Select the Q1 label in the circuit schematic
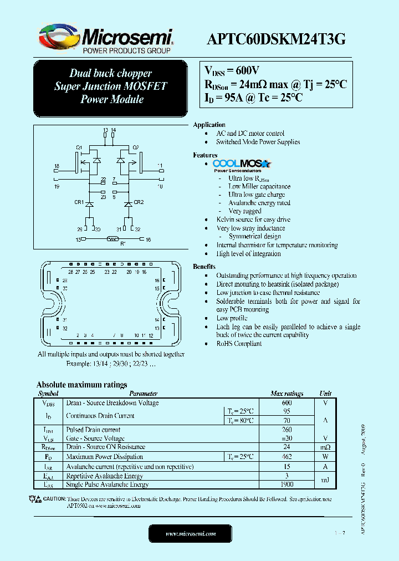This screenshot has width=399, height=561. [x=79, y=147]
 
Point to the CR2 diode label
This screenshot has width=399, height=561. [x=139, y=202]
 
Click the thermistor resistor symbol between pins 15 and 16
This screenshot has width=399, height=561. [x=114, y=239]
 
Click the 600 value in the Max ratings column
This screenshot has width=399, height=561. [x=287, y=403]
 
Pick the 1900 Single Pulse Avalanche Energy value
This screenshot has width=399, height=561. [x=287, y=484]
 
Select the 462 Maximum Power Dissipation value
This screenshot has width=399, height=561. [x=287, y=457]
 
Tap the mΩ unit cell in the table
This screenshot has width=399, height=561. [x=325, y=447]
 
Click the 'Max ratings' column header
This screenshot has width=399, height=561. [x=287, y=394]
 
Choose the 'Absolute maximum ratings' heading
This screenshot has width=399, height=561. [x=81, y=385]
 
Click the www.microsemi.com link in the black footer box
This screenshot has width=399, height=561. [x=191, y=533]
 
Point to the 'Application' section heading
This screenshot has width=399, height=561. [x=209, y=125]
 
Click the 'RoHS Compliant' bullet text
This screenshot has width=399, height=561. [x=239, y=344]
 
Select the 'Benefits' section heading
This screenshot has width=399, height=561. [x=204, y=267]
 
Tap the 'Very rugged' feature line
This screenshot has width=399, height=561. [x=245, y=211]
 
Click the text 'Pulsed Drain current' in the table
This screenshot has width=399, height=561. [x=93, y=430]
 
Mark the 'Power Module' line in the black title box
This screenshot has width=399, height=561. [x=111, y=100]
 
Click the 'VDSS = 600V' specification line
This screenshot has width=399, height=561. [x=232, y=70]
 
